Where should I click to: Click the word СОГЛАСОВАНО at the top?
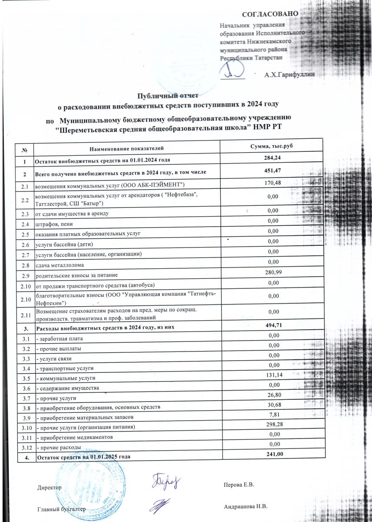270,14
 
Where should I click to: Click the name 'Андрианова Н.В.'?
246,507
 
